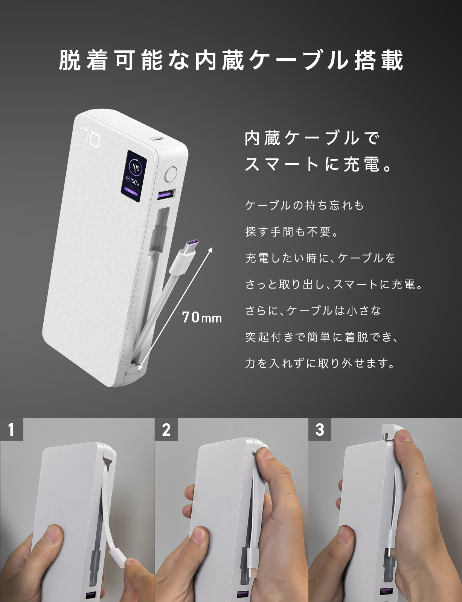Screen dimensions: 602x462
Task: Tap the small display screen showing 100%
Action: point(134,173)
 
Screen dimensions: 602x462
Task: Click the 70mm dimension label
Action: point(202,318)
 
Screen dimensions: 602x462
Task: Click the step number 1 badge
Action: point(11,429)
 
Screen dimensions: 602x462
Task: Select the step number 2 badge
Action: point(166,429)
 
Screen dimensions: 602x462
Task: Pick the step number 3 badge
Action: point(320,429)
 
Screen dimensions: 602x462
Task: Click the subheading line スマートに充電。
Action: point(319,164)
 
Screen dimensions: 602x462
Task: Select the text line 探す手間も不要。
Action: point(292,232)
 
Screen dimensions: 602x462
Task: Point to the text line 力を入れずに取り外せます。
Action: point(320,363)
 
